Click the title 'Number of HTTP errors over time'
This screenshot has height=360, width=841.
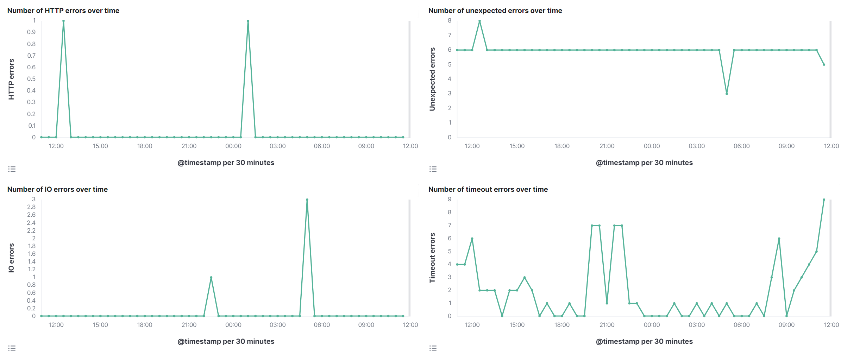(x=63, y=11)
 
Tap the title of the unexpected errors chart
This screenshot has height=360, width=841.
(x=495, y=11)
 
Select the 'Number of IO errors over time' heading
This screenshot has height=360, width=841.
(x=57, y=189)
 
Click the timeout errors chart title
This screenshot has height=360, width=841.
(x=488, y=189)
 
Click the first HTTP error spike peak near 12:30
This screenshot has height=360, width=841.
(x=63, y=21)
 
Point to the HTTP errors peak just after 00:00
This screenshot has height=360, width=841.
(x=248, y=21)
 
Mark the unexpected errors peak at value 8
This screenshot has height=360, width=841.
(x=479, y=21)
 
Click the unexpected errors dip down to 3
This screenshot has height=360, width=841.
(x=727, y=94)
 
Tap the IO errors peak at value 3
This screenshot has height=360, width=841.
(x=307, y=200)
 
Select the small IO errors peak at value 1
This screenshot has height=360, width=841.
(x=211, y=277)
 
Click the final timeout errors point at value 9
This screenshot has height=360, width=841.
(x=824, y=200)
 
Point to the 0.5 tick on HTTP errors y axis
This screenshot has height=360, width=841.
(x=31, y=79)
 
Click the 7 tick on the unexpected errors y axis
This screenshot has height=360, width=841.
(x=450, y=35)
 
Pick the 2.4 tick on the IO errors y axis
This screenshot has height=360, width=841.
(x=31, y=223)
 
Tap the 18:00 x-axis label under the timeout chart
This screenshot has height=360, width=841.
(x=562, y=325)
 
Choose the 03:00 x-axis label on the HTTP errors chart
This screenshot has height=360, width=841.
(x=278, y=146)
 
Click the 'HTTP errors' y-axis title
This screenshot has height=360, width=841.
(x=11, y=79)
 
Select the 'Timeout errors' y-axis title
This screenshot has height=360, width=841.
(x=432, y=258)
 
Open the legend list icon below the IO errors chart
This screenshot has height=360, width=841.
(x=12, y=348)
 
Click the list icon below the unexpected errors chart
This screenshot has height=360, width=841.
(x=433, y=169)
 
